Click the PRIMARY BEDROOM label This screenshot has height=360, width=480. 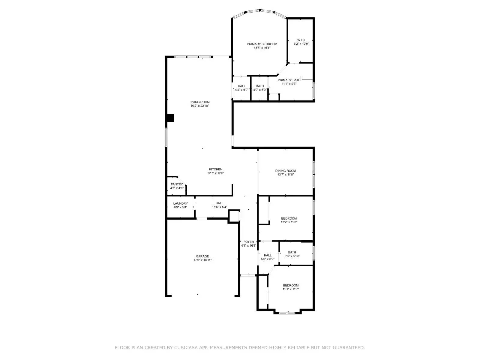[x=262, y=44]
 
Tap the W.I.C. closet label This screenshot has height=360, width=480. [x=301, y=40]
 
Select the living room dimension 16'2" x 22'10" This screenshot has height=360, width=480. [x=199, y=106]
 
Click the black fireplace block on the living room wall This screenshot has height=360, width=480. [x=170, y=118]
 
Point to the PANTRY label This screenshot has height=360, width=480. [x=177, y=184]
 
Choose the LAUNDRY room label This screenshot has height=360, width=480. [x=180, y=203]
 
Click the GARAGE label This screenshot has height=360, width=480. [x=202, y=256]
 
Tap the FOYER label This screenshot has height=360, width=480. [x=248, y=242]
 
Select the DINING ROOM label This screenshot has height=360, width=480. [x=285, y=171]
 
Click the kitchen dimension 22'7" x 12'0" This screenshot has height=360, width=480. [x=216, y=173]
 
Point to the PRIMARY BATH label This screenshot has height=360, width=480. [x=289, y=80]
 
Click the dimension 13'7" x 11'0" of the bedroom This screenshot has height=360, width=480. [x=289, y=222]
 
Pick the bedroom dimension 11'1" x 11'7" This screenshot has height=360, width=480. [x=291, y=289]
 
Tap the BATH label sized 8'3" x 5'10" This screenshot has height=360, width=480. [x=292, y=252]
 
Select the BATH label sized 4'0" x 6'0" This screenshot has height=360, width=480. [x=260, y=86]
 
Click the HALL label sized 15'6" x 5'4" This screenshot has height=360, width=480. [x=219, y=203]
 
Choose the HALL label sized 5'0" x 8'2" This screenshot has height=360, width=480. [x=268, y=255]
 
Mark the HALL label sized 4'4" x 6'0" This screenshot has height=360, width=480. [x=241, y=86]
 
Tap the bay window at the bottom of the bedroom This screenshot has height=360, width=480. [x=287, y=313]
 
